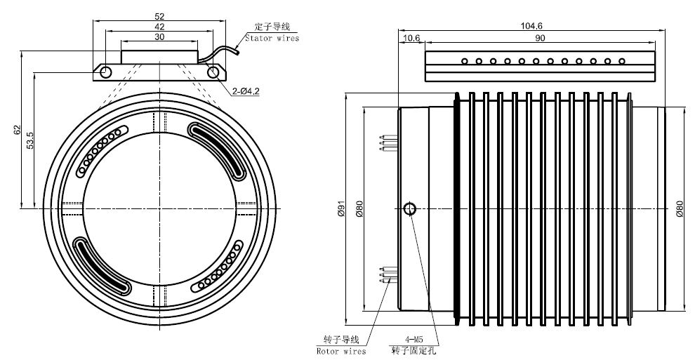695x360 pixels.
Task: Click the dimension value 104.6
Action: click(x=531, y=25)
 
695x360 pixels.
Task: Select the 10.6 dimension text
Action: click(x=411, y=38)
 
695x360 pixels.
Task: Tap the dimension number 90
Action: click(x=539, y=38)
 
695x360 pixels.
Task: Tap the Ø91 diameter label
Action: click(x=342, y=209)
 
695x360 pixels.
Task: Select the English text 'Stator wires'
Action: click(x=272, y=39)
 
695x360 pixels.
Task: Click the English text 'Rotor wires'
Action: click(x=342, y=350)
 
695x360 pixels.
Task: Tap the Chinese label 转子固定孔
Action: click(x=413, y=350)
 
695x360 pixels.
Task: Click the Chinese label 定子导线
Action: click(x=270, y=27)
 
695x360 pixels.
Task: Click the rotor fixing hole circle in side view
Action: click(x=411, y=208)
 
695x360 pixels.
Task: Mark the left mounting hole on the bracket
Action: click(x=105, y=72)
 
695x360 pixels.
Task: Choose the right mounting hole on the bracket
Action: click(x=212, y=72)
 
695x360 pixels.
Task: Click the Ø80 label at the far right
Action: click(x=680, y=209)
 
